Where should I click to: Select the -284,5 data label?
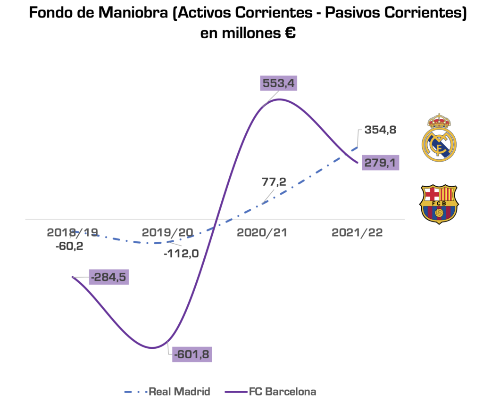click(109, 276)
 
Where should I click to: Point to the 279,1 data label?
click(380, 163)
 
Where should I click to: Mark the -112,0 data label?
click(181, 253)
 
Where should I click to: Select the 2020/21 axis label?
click(262, 232)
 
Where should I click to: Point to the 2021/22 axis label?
click(358, 232)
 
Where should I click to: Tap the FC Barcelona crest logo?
click(439, 203)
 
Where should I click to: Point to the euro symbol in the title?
click(290, 33)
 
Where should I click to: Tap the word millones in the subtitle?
click(250, 33)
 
